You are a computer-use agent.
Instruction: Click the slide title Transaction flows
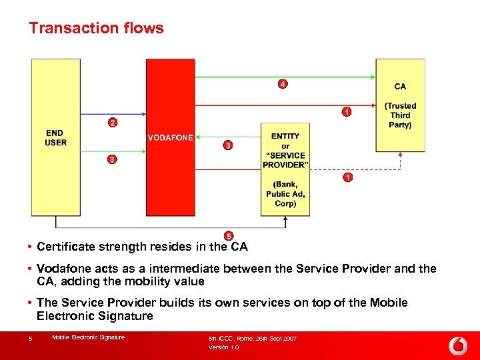[96, 28]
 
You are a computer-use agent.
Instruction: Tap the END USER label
[55, 138]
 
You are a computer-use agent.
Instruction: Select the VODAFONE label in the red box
[171, 138]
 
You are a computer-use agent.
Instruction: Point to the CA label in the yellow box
[400, 87]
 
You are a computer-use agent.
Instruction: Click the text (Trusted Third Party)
[400, 115]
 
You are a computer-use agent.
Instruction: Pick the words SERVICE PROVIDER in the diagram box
[285, 161]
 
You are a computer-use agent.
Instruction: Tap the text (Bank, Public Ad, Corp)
[285, 194]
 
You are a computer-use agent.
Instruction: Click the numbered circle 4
[283, 84]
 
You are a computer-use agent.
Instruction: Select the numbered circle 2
[113, 123]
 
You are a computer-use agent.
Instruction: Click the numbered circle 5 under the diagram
[229, 236]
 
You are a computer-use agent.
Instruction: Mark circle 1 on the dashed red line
[347, 177]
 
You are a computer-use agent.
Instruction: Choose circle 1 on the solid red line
[347, 112]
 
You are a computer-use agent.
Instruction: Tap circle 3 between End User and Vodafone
[113, 159]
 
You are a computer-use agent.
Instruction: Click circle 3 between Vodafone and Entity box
[228, 145]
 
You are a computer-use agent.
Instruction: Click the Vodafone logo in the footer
[457, 345]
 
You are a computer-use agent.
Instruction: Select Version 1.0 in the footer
[223, 347]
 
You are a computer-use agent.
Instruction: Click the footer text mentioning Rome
[253, 339]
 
